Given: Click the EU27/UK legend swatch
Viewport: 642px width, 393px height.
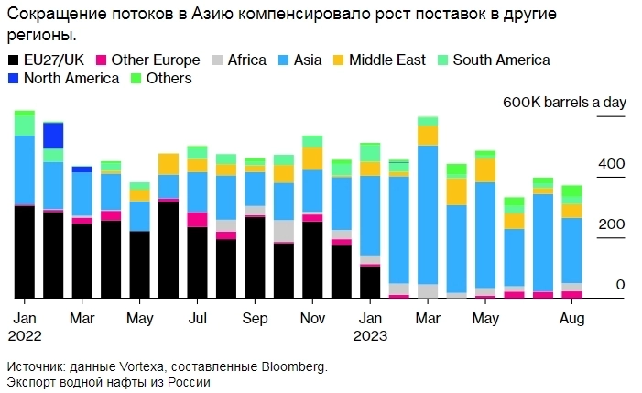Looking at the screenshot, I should [x=13, y=60].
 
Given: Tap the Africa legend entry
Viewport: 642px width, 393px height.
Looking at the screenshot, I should [x=246, y=60].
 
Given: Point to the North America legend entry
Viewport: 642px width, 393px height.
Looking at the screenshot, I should [x=71, y=79].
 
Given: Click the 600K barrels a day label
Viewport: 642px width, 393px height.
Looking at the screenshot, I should [x=564, y=103].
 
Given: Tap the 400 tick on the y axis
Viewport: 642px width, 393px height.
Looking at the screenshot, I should [x=612, y=164].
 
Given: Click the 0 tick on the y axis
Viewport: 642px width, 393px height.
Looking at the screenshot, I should [x=620, y=286].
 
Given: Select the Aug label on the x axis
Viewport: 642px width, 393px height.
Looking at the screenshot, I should [x=571, y=318].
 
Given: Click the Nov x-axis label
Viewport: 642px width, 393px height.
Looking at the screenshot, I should [x=312, y=318].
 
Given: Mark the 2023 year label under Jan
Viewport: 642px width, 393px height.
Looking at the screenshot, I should [x=371, y=335].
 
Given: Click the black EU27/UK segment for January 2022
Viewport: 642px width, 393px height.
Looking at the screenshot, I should [x=25, y=252].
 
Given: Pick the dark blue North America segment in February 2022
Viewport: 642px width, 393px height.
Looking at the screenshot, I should [x=53, y=136].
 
